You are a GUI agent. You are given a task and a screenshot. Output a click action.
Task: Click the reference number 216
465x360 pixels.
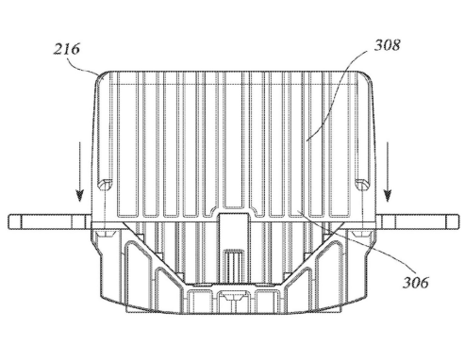pyautogui.click(x=66, y=49)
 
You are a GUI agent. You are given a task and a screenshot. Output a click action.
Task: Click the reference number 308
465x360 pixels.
pyautogui.click(x=387, y=45)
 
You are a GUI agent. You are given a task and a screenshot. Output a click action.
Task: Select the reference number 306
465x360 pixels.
pyautogui.click(x=416, y=283)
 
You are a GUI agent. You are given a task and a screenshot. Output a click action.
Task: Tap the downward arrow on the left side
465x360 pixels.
pyautogui.click(x=80, y=172)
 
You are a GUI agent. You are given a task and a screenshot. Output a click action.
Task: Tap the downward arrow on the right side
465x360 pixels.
pyautogui.click(x=388, y=172)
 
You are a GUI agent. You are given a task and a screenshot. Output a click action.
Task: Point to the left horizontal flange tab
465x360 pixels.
pyautogui.click(x=50, y=221)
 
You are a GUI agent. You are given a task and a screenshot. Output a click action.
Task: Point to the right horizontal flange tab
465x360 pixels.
pyautogui.click(x=417, y=221)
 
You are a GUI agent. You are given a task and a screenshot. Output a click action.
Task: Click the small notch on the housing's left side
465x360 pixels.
pyautogui.click(x=106, y=185)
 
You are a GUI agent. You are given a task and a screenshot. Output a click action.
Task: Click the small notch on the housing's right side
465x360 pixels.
pyautogui.click(x=362, y=185)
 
